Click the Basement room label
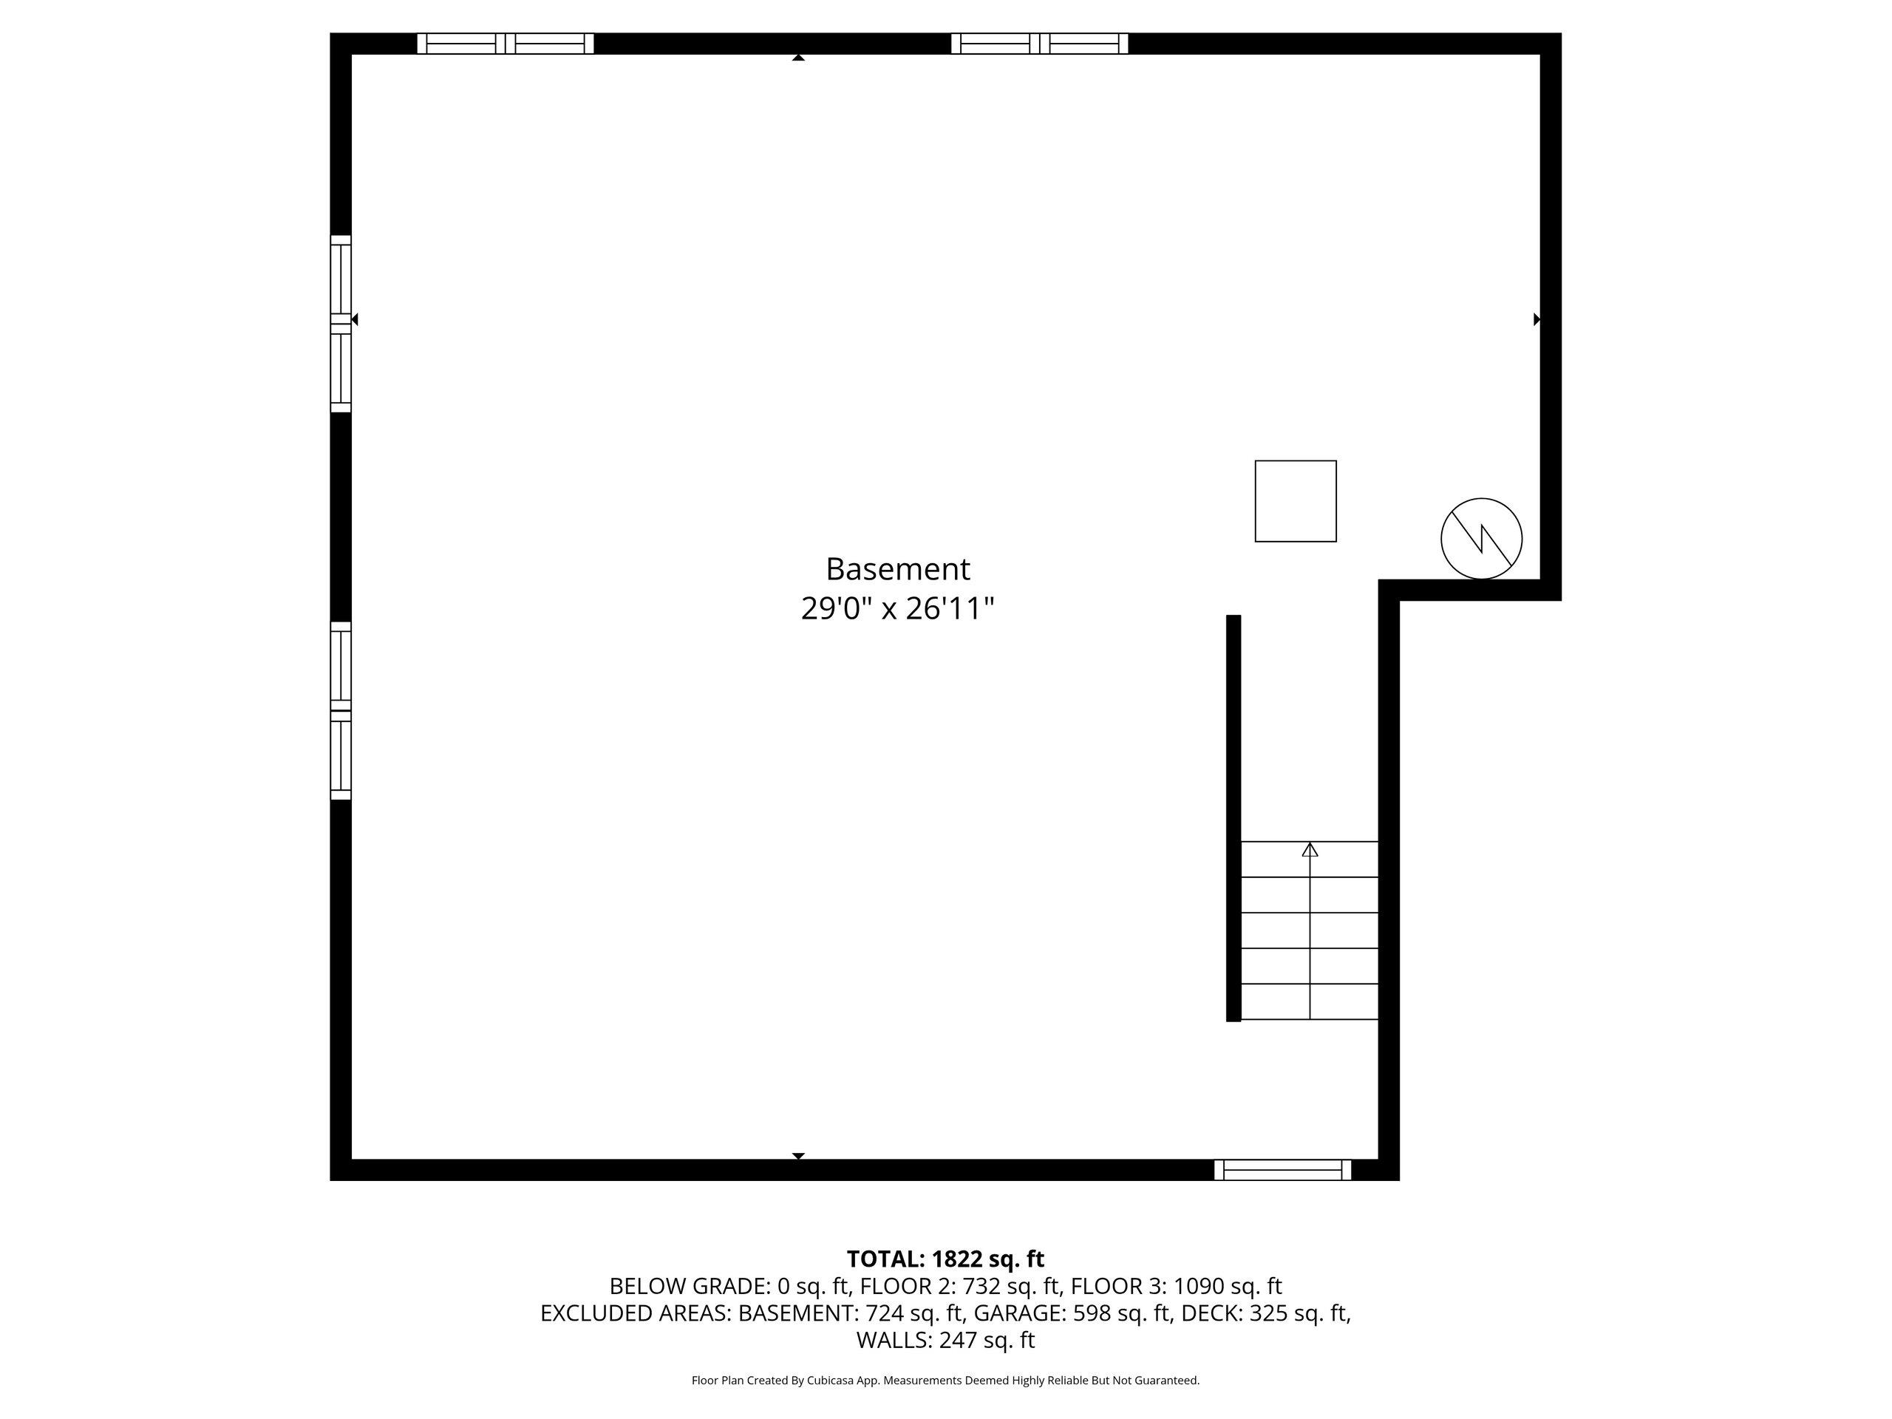pos(897,570)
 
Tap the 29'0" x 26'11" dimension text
pos(897,609)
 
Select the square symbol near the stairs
pos(1295,501)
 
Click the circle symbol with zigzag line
pos(1481,539)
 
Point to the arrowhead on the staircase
pos(1310,849)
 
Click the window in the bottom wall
pos(1282,1170)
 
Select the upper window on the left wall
pos(341,323)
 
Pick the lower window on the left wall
pos(341,711)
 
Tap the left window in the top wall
pos(506,44)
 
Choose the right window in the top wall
pos(1039,44)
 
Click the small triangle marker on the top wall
pos(798,58)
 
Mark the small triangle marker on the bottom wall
pos(798,1156)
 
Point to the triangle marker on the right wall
pos(1537,319)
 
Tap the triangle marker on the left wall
pos(355,319)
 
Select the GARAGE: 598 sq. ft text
pos(1072,1313)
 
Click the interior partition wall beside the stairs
pos(1233,817)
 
